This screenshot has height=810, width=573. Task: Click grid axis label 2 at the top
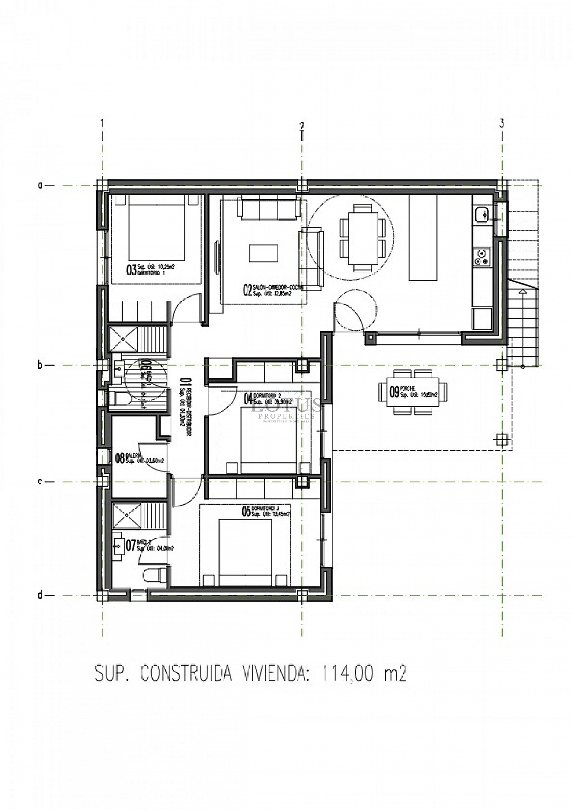coord(301,126)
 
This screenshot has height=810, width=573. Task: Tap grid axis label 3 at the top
coord(501,124)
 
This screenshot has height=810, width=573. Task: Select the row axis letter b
coord(41,366)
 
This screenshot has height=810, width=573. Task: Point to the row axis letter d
coord(41,595)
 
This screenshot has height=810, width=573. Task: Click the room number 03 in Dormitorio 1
coord(131,271)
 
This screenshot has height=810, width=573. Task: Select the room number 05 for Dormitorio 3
coord(246,512)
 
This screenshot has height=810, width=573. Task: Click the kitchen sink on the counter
coord(482,214)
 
